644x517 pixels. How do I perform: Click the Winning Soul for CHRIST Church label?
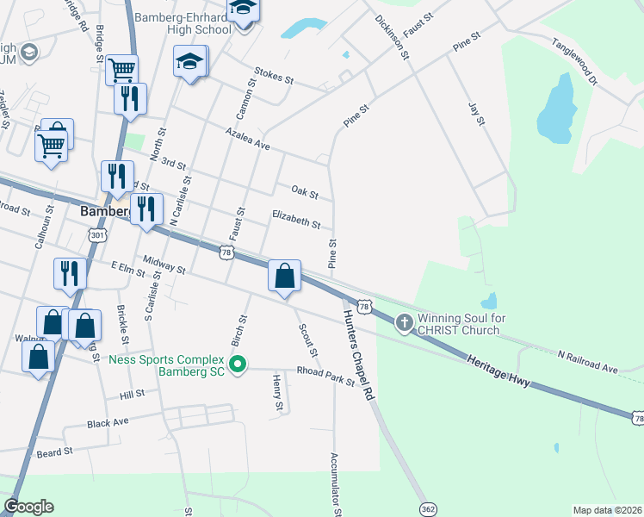(458, 324)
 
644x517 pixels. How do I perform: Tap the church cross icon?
(404, 323)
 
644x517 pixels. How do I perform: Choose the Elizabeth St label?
(296, 221)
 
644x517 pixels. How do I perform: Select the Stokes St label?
(274, 77)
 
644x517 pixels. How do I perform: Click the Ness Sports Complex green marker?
(239, 365)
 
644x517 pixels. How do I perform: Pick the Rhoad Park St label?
(325, 375)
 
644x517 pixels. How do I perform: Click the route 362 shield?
(428, 509)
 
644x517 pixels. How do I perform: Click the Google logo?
(28, 507)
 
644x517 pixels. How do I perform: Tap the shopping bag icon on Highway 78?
(285, 277)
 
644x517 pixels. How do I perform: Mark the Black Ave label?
(108, 423)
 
